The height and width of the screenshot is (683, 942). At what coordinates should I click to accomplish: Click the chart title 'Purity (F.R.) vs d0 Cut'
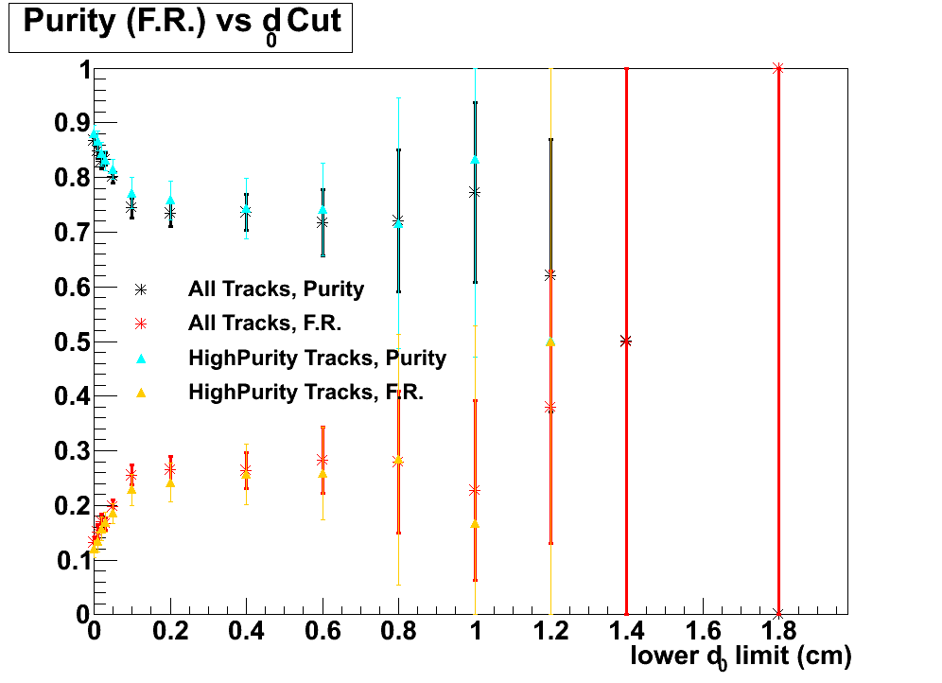click(x=181, y=24)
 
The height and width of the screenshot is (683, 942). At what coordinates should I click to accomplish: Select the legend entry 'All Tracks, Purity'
click(x=276, y=289)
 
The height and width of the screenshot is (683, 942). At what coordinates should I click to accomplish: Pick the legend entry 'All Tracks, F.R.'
click(x=264, y=324)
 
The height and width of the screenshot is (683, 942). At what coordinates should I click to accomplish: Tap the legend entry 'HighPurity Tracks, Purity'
click(x=317, y=358)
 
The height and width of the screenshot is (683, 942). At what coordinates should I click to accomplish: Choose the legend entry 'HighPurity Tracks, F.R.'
click(x=306, y=392)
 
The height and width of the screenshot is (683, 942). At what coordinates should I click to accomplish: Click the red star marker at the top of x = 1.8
click(x=778, y=68)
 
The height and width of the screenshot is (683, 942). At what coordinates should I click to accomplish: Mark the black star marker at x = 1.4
click(x=626, y=341)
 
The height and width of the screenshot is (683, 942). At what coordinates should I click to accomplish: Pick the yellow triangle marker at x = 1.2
click(x=550, y=341)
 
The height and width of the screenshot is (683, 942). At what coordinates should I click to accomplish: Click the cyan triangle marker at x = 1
click(x=475, y=160)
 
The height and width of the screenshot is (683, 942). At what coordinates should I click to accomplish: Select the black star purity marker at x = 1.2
click(x=550, y=274)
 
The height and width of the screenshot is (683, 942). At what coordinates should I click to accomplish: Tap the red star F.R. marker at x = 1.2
click(x=550, y=408)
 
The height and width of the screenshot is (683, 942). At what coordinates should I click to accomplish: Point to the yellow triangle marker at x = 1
click(x=475, y=523)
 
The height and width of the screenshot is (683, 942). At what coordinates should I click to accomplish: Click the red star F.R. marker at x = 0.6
click(x=323, y=460)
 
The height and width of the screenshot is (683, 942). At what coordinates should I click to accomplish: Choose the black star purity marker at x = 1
click(x=475, y=192)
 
